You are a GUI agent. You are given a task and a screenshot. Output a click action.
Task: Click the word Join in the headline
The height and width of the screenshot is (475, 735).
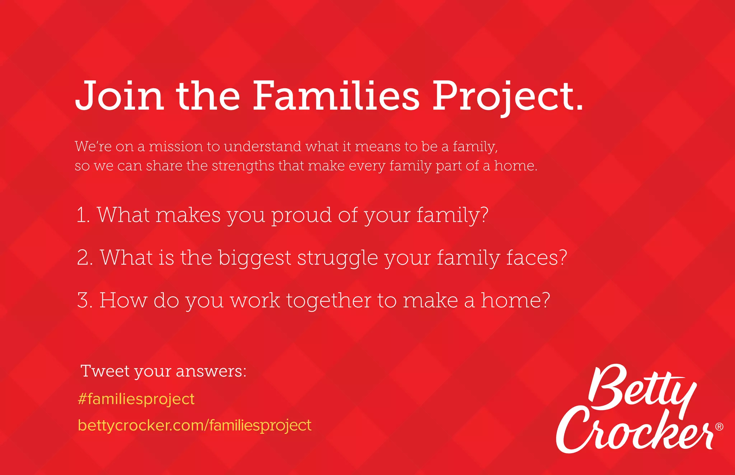coord(119,96)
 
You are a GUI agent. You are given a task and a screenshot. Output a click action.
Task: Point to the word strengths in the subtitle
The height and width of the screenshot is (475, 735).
coord(243,166)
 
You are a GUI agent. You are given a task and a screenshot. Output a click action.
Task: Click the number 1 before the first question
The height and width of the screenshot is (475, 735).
coord(82,215)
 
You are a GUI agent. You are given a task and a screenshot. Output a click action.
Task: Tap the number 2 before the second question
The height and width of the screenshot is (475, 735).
coord(85,258)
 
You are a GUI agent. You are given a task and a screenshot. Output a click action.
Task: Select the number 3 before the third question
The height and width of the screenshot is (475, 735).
coord(85,300)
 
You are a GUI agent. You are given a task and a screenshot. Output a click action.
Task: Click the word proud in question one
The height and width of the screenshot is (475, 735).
coord(301,216)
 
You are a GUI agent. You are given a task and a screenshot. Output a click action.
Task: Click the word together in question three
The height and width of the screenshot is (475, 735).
coord(328,301)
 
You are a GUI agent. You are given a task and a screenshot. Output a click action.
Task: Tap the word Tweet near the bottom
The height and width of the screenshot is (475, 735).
coord(105,371)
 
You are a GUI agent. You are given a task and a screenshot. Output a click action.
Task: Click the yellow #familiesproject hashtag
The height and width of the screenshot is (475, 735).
coord(136,399)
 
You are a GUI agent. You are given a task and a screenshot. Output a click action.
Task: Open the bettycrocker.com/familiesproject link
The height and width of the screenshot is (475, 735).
coord(195,426)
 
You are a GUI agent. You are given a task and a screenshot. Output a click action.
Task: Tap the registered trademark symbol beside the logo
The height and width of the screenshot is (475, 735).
coord(719,427)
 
